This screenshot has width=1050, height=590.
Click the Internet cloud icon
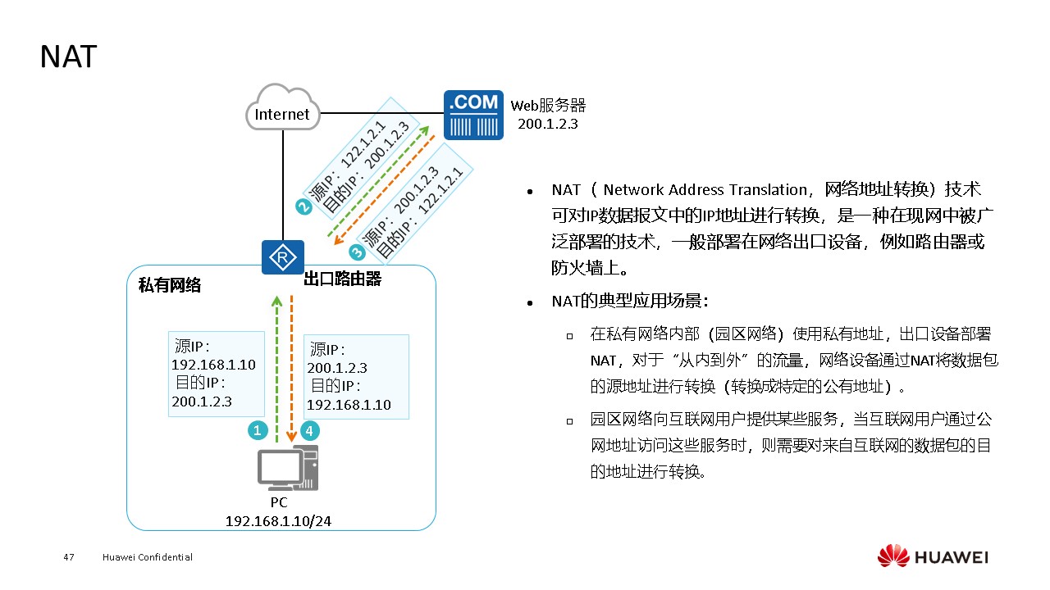click(x=282, y=108)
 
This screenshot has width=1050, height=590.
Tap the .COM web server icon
click(x=473, y=115)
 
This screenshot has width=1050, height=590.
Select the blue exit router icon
click(x=282, y=257)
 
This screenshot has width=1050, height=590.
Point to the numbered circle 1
click(x=258, y=429)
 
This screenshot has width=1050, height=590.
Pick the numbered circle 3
click(x=356, y=252)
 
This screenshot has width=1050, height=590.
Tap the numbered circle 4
click(x=309, y=429)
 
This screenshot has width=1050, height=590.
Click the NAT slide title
click(x=69, y=57)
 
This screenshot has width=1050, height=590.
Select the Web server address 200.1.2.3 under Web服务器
click(x=548, y=123)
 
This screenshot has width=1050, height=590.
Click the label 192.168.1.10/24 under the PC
click(x=279, y=520)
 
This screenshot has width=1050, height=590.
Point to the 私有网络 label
click(x=170, y=285)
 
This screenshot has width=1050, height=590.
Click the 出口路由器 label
click(x=343, y=279)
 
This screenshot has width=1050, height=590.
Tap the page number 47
click(x=69, y=557)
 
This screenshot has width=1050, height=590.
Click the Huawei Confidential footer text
click(x=148, y=557)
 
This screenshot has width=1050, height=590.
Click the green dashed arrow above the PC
click(x=277, y=369)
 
